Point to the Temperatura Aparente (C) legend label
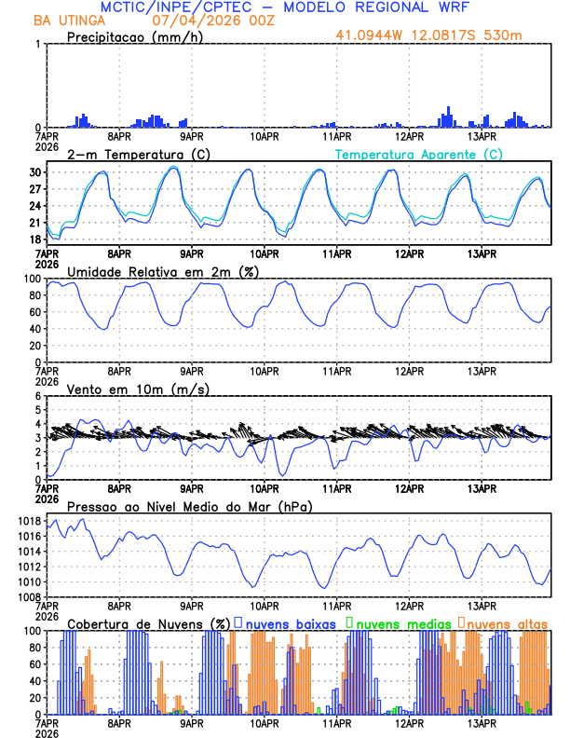coord(419,154)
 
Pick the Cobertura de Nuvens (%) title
coord(148,622)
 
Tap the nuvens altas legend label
coord(507,622)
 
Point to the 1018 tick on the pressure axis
coord(28,520)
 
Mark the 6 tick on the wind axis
coord(39,396)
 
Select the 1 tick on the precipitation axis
coord(39,44)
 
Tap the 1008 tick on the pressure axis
coord(28,596)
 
